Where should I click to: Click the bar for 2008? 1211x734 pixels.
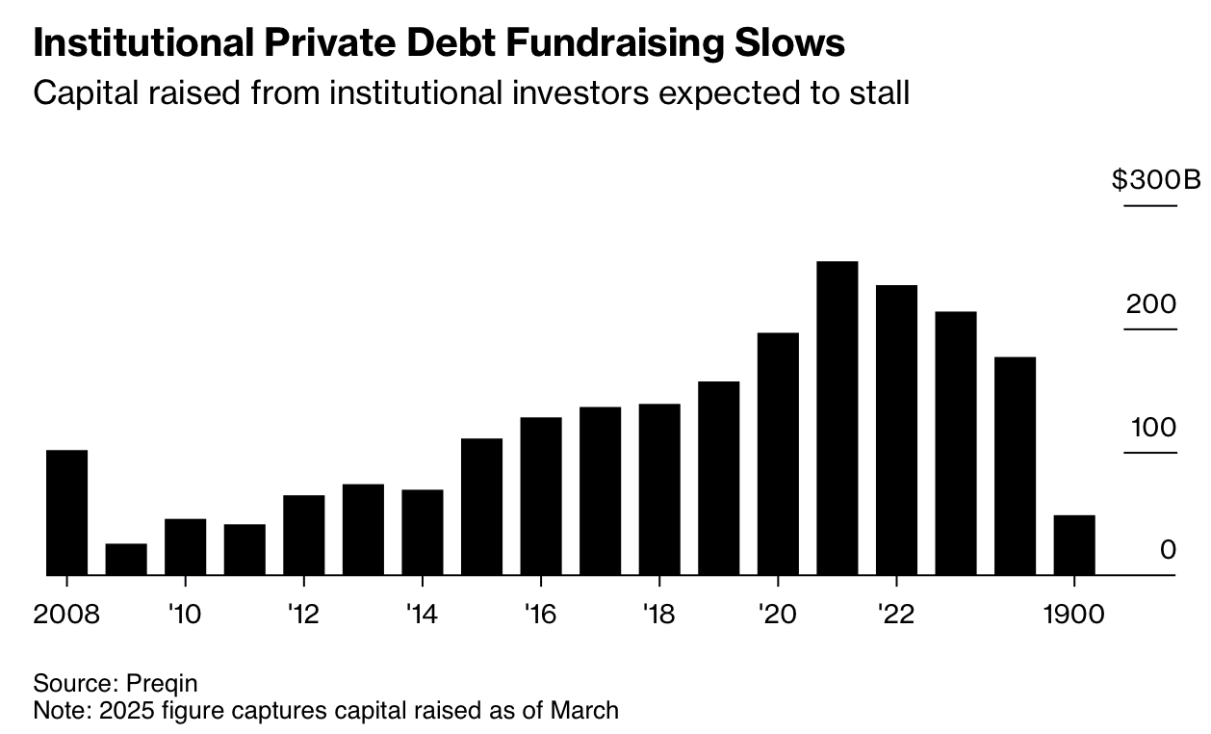[67, 512]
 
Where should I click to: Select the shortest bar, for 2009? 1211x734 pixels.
[126, 560]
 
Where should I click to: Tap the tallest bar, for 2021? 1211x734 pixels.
[837, 418]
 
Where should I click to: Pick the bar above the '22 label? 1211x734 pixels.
[896, 430]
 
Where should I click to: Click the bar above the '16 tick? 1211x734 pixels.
[541, 496]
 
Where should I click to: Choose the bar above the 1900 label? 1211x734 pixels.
[1074, 545]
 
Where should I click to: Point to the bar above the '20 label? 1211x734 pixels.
[778, 454]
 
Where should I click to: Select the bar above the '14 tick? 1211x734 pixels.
[423, 533]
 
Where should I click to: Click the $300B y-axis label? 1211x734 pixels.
[1156, 179]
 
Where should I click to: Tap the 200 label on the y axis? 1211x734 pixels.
[1151, 304]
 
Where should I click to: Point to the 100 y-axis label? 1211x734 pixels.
[1153, 428]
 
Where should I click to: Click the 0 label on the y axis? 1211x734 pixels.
[1168, 550]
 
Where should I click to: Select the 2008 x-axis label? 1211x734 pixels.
[66, 615]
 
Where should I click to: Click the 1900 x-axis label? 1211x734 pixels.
[1073, 615]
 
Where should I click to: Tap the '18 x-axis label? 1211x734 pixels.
[659, 615]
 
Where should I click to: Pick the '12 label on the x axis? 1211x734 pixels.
[303, 615]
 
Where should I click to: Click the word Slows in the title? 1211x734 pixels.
[790, 42]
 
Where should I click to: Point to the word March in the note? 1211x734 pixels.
[584, 710]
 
